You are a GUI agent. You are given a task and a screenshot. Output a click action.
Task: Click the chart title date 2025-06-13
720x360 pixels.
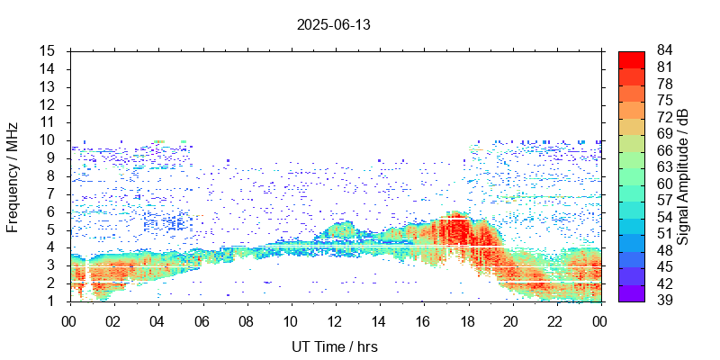coord(334,25)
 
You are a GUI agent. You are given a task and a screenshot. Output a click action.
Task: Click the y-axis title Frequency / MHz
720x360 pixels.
coord(13,176)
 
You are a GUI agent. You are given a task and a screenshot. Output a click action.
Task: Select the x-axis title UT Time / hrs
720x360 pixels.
coord(334,346)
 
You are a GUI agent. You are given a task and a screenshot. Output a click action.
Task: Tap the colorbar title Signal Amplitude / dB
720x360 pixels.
coord(683,176)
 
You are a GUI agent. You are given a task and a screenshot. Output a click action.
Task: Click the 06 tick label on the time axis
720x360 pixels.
coord(202,320)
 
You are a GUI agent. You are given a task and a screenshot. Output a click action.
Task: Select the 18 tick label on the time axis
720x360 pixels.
coord(467,320)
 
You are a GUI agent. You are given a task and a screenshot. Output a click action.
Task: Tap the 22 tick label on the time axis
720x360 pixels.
coord(556,320)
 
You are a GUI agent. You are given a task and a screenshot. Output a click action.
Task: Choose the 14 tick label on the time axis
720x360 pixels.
coord(379,320)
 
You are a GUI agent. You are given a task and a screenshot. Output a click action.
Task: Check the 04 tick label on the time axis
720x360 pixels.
coord(157,320)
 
